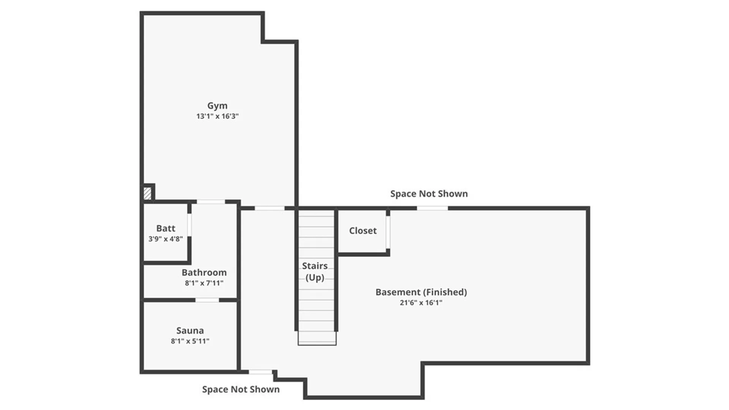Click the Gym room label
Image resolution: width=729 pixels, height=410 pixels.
tap(217, 106)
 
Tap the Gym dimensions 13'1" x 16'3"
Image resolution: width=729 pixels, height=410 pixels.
tap(217, 116)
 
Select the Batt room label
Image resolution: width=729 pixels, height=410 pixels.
tap(166, 229)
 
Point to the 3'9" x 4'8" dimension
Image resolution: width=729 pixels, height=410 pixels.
tap(166, 239)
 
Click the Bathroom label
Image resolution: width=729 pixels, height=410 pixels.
tap(204, 273)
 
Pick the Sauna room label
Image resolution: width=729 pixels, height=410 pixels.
tap(190, 331)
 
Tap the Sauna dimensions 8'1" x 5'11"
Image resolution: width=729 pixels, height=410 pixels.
tap(190, 341)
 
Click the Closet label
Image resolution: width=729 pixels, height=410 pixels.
tap(363, 231)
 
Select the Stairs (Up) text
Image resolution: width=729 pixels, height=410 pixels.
tap(315, 271)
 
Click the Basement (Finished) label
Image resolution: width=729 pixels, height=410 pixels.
tap(421, 292)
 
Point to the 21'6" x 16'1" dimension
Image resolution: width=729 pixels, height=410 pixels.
tap(421, 303)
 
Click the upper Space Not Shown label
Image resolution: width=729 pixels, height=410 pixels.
tap(429, 194)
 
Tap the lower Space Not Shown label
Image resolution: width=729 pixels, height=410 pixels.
tap(241, 389)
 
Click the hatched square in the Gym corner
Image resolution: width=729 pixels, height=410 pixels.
tap(147, 194)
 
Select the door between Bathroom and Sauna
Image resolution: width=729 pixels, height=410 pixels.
tap(207, 300)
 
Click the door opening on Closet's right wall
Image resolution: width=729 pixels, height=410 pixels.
tap(388, 232)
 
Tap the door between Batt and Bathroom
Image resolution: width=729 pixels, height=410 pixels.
tap(189, 225)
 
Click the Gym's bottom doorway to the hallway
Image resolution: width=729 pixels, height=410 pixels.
tap(269, 208)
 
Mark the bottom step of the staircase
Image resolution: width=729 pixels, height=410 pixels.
tap(317, 338)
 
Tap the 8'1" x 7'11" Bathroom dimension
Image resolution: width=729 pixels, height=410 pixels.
tap(204, 283)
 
